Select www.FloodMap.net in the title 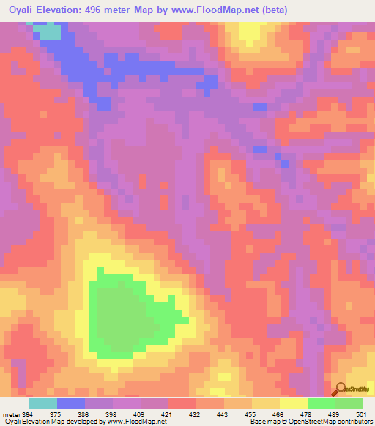coord(212,10)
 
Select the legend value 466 coord(278,414)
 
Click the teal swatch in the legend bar coord(43,403)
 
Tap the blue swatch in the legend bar coord(71,403)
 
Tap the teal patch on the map coord(49,31)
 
